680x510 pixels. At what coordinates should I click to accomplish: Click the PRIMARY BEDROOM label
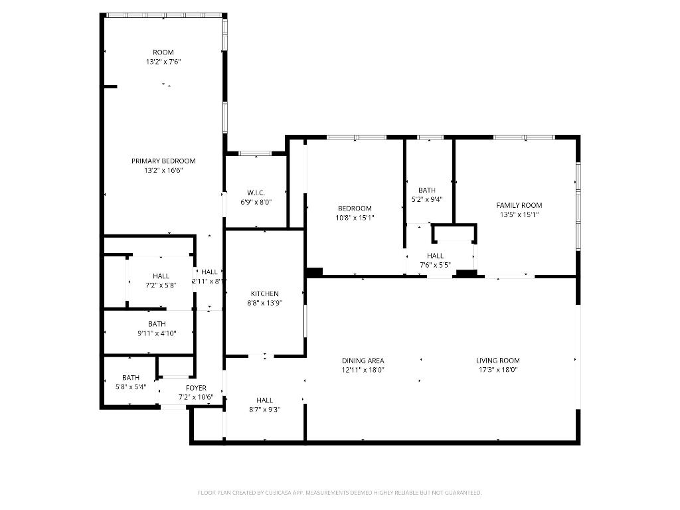(x=163, y=161)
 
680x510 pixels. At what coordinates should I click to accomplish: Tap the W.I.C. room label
(x=256, y=193)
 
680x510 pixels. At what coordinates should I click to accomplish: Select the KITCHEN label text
(x=264, y=294)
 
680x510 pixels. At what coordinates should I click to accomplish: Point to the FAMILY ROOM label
(x=519, y=205)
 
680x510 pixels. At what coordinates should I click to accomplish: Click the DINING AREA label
(x=363, y=361)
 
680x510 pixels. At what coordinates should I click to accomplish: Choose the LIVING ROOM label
(x=497, y=361)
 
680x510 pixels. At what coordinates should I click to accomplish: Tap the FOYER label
(x=196, y=388)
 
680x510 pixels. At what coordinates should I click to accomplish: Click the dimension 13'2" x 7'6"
(x=163, y=62)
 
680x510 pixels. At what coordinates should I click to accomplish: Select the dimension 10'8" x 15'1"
(x=355, y=217)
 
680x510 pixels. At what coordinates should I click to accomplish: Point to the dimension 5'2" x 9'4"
(x=426, y=199)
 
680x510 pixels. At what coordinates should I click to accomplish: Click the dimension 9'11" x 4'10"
(x=157, y=333)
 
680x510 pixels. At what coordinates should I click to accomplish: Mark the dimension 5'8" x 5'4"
(x=130, y=386)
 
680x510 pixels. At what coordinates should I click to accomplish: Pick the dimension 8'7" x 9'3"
(x=264, y=410)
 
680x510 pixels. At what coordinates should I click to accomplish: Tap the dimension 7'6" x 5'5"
(x=435, y=265)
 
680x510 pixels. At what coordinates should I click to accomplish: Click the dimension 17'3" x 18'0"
(x=497, y=370)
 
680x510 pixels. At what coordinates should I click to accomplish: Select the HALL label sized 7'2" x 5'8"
(x=161, y=276)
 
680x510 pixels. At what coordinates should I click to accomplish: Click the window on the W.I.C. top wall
(x=255, y=153)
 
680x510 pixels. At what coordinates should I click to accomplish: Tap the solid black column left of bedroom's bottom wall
(x=314, y=272)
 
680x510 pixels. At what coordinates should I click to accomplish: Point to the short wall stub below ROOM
(x=110, y=86)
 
